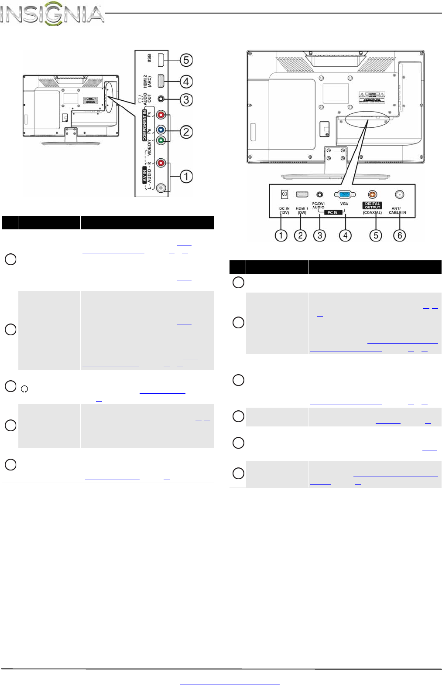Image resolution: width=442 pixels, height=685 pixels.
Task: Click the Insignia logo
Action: (52, 14)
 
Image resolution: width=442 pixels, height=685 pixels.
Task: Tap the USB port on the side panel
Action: (161, 60)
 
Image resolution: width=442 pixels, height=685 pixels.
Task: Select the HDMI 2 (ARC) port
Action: (161, 81)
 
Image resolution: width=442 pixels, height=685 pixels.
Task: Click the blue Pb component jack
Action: (161, 130)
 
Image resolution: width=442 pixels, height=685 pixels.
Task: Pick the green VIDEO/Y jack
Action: (161, 140)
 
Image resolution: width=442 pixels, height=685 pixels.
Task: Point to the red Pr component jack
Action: (161, 116)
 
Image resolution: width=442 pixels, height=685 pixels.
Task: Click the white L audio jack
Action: (161, 188)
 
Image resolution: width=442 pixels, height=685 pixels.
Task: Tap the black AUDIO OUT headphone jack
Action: (161, 99)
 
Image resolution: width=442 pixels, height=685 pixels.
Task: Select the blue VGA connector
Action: (344, 195)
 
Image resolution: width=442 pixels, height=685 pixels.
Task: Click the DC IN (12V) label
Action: (284, 211)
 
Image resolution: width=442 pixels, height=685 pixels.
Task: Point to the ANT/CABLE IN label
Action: (397, 211)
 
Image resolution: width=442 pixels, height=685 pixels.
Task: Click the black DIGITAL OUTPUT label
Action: (372, 205)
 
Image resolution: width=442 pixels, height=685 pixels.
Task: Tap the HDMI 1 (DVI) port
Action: (302, 194)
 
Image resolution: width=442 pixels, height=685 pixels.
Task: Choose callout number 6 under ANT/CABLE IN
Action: (400, 235)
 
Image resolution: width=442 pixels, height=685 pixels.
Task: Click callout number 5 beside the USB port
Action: (186, 60)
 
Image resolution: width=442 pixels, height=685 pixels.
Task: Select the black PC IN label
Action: (332, 212)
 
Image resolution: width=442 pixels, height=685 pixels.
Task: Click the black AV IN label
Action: (145, 175)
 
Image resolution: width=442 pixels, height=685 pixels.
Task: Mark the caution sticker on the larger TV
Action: (372, 97)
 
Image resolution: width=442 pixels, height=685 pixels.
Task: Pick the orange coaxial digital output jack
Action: (372, 194)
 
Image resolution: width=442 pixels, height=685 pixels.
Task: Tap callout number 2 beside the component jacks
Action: (186, 132)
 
